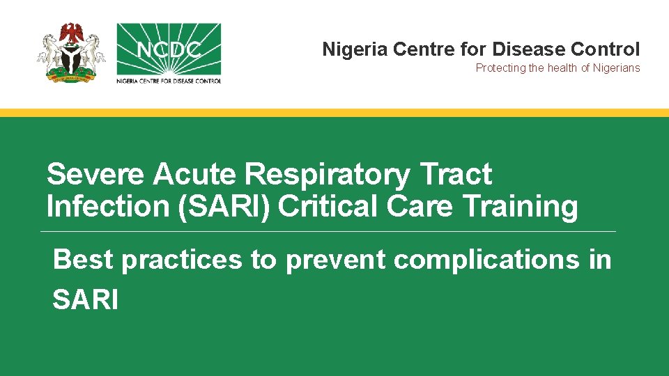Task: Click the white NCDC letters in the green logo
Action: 169,51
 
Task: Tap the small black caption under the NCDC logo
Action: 169,80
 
